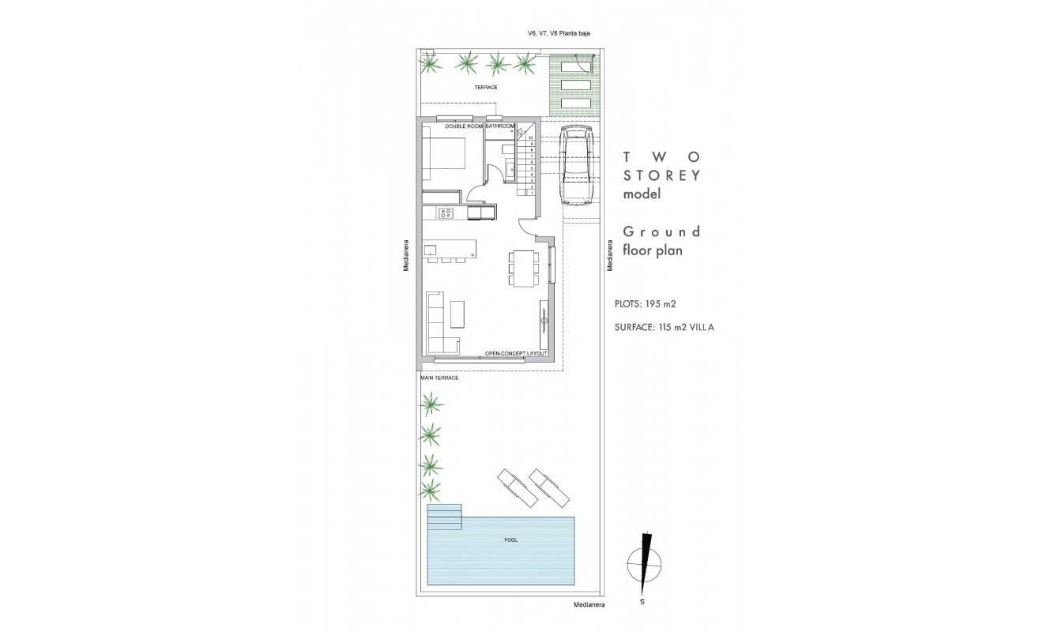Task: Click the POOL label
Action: (510, 540)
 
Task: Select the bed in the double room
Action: (443, 161)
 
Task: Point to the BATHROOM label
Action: (500, 126)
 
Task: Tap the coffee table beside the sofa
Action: (458, 313)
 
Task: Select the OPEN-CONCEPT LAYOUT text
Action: (517, 353)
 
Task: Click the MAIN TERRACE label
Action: (439, 378)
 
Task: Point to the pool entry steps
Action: (443, 517)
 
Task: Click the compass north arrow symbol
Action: (645, 563)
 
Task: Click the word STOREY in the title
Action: (661, 175)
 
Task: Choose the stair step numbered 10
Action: (532, 137)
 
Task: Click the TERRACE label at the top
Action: (486, 87)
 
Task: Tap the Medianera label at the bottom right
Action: (589, 605)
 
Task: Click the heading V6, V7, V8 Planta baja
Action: (548, 33)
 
